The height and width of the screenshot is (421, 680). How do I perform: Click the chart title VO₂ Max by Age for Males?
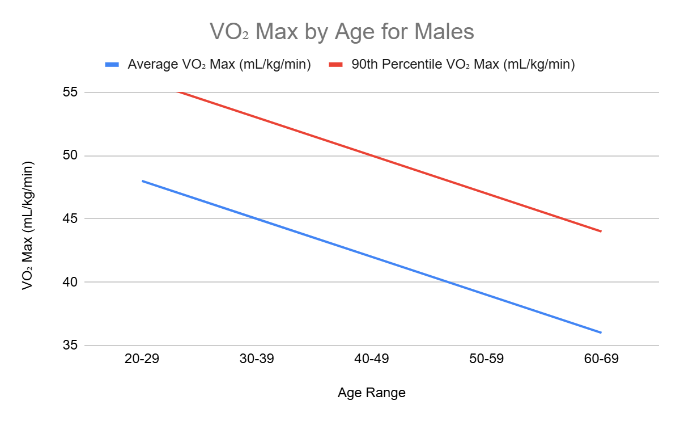[x=342, y=32]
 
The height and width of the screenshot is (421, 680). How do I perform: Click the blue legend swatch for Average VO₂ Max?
[x=112, y=65]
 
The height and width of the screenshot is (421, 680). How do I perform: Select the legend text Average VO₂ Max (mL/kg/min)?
[x=219, y=65]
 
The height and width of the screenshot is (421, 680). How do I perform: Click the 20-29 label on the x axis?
[x=142, y=360]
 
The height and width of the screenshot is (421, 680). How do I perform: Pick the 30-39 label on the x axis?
[x=257, y=360]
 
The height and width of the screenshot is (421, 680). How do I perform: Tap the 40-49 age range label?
[x=371, y=360]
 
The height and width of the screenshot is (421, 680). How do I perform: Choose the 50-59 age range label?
[x=486, y=360]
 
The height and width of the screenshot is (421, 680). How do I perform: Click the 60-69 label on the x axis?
[x=600, y=360]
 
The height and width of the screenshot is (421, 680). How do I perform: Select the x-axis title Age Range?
[x=371, y=393]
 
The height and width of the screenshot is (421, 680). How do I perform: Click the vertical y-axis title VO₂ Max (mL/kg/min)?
[x=28, y=226]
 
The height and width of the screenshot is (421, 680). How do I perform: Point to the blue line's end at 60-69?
[x=600, y=332]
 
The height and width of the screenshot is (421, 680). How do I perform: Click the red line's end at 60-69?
[x=600, y=231]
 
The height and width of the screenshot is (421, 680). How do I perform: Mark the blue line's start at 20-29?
[x=143, y=181]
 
